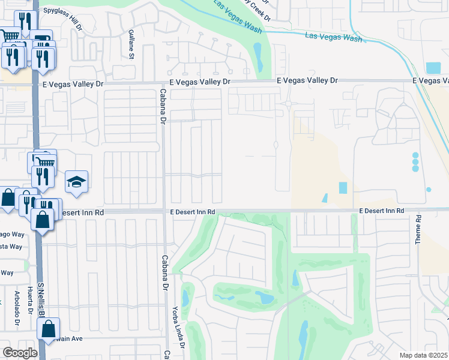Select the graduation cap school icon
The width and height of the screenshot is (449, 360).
click(x=76, y=182)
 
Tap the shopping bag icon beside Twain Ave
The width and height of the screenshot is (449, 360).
click(x=49, y=329)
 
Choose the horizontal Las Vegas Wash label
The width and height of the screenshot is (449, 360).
click(x=333, y=37)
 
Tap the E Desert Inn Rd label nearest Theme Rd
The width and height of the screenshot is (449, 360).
click(x=382, y=211)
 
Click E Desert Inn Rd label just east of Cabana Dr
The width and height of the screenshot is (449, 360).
click(x=191, y=212)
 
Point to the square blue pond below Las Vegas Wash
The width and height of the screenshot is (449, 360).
click(x=432, y=68)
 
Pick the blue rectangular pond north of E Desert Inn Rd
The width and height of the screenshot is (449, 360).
click(x=343, y=188)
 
